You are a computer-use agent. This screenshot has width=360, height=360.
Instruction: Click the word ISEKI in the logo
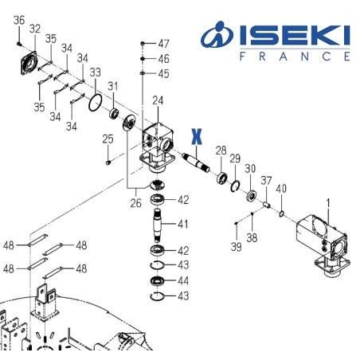(290, 35)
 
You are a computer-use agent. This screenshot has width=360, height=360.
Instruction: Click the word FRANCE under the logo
(294, 57)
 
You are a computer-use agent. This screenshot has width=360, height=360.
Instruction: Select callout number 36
(20, 20)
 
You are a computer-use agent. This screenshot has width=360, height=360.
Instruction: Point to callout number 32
(35, 29)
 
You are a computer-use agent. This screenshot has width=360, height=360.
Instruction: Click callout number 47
(163, 42)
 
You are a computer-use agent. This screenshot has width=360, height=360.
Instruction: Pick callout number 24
(158, 100)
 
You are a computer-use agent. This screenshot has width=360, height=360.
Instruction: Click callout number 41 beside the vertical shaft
(182, 224)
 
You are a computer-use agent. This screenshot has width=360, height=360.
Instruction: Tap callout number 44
(182, 281)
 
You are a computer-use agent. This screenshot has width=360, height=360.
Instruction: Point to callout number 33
(96, 72)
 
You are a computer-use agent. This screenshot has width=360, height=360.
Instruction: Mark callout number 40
(280, 188)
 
